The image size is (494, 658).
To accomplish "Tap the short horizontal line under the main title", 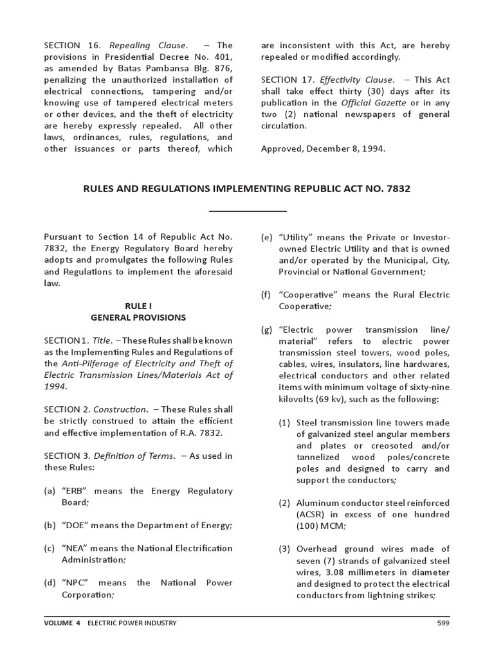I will pyautogui.click(x=248, y=211).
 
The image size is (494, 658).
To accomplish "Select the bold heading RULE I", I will pyautogui.click(x=138, y=306).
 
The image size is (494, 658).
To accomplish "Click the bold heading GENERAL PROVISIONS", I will pyautogui.click(x=138, y=317).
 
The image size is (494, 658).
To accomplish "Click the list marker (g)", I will pyautogui.click(x=266, y=330).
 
